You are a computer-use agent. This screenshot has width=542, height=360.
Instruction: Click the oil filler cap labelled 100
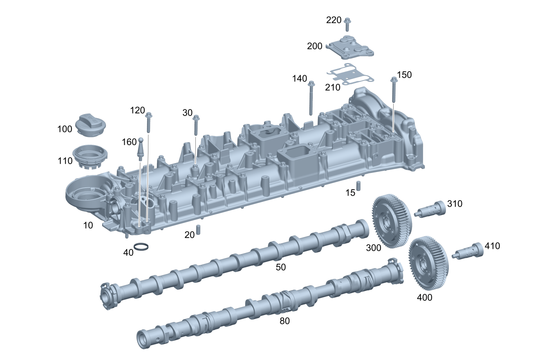point(91,125)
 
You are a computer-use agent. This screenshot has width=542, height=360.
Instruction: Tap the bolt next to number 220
point(347,24)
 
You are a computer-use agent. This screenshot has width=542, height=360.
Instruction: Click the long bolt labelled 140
point(311,98)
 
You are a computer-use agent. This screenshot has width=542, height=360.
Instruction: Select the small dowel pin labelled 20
point(198,230)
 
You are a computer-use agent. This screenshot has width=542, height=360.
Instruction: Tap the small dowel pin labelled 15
point(358,186)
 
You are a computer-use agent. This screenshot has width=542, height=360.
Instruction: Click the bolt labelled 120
point(148,121)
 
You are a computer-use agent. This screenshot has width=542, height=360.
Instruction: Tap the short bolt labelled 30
point(197,125)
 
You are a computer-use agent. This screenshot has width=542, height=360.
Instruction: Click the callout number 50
point(280,267)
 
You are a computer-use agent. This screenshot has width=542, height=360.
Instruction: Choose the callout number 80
point(284,321)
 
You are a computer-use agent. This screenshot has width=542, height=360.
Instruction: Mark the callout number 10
point(88,225)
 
